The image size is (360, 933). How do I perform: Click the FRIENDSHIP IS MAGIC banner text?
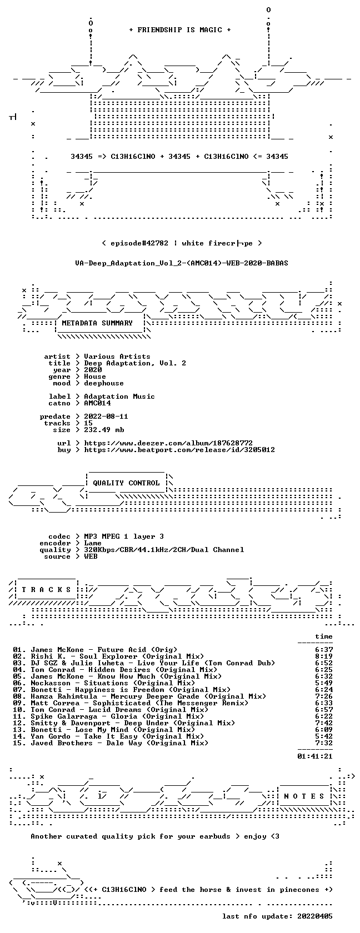(x=180, y=30)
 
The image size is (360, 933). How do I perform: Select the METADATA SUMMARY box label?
(x=97, y=323)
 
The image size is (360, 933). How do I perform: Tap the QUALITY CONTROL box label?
(x=126, y=483)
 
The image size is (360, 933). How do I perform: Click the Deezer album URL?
(x=168, y=443)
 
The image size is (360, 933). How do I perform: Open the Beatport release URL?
(x=179, y=450)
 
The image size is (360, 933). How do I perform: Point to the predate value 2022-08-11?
(x=106, y=417)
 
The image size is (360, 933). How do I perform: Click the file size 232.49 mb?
(x=104, y=430)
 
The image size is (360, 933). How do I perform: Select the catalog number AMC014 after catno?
(x=98, y=403)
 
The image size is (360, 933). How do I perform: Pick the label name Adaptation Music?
(x=119, y=397)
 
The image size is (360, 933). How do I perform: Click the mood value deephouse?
(x=104, y=383)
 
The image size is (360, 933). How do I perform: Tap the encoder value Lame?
(x=93, y=543)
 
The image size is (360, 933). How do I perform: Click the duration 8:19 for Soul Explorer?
(x=324, y=656)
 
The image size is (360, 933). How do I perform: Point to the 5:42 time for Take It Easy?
(x=324, y=736)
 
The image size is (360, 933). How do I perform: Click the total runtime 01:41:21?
(x=315, y=756)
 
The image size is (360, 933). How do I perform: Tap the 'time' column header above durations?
(x=324, y=636)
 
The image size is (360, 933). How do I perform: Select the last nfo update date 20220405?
(x=315, y=916)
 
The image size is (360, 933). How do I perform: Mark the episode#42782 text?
(x=139, y=243)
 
